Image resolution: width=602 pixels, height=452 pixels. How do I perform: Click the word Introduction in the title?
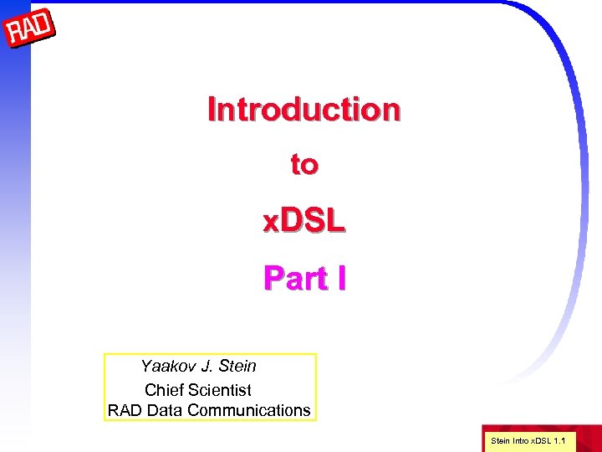(x=304, y=110)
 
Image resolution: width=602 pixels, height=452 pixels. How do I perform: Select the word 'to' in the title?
(x=304, y=165)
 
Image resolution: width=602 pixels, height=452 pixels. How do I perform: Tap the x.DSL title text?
(x=304, y=221)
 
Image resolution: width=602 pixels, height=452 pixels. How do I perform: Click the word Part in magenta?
(x=295, y=278)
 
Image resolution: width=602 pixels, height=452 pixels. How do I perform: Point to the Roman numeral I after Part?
(x=340, y=278)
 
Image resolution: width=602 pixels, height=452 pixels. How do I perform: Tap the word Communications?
(x=248, y=411)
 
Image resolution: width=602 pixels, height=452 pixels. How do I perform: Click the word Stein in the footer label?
(x=499, y=440)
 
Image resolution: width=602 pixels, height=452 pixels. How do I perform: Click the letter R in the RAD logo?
(x=15, y=35)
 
